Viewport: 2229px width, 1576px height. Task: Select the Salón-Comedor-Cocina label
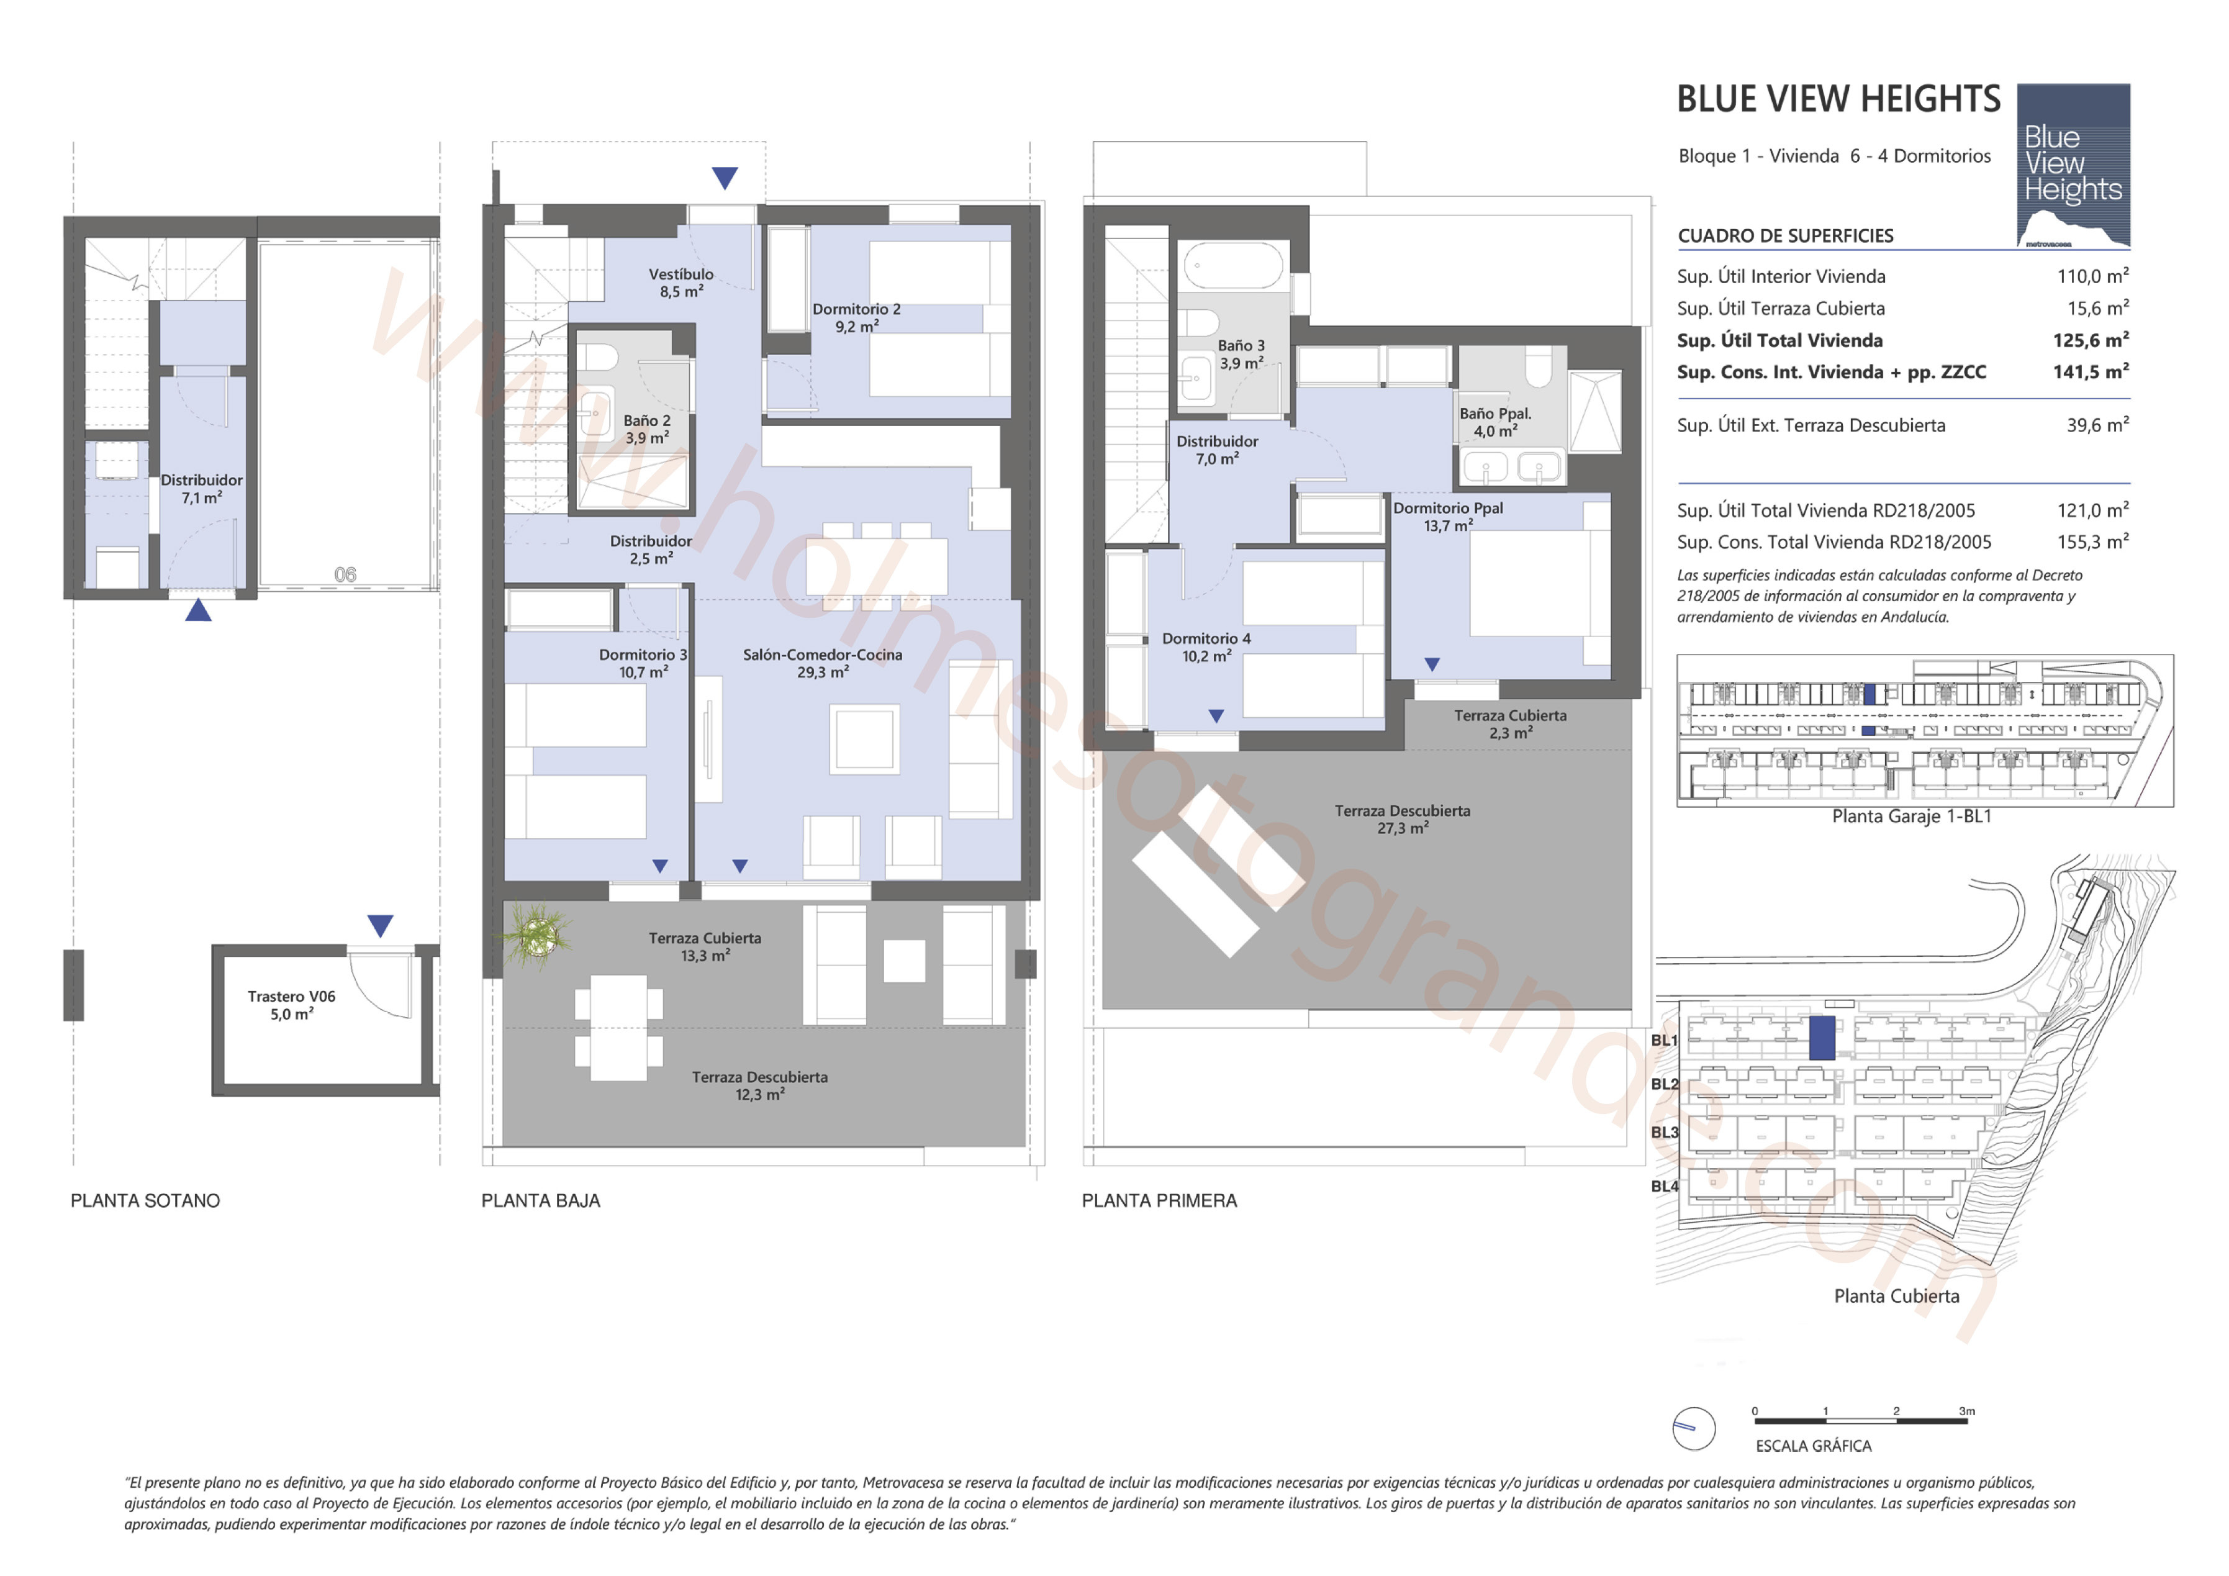822,654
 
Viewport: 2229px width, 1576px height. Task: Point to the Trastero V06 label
291,996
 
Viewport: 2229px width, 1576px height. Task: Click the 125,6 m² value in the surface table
2090,340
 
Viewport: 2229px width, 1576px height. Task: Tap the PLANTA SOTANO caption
146,1200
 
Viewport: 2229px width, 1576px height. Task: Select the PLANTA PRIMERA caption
1159,1200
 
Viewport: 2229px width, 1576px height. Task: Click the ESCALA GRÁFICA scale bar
1860,1421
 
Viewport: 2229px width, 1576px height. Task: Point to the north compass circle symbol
1694,1428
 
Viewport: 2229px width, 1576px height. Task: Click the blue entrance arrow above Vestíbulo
724,178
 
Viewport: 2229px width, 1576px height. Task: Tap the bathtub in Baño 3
1233,265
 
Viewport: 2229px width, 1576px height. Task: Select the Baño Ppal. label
1495,414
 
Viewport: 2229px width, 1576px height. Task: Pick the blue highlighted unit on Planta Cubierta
1822,1038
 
